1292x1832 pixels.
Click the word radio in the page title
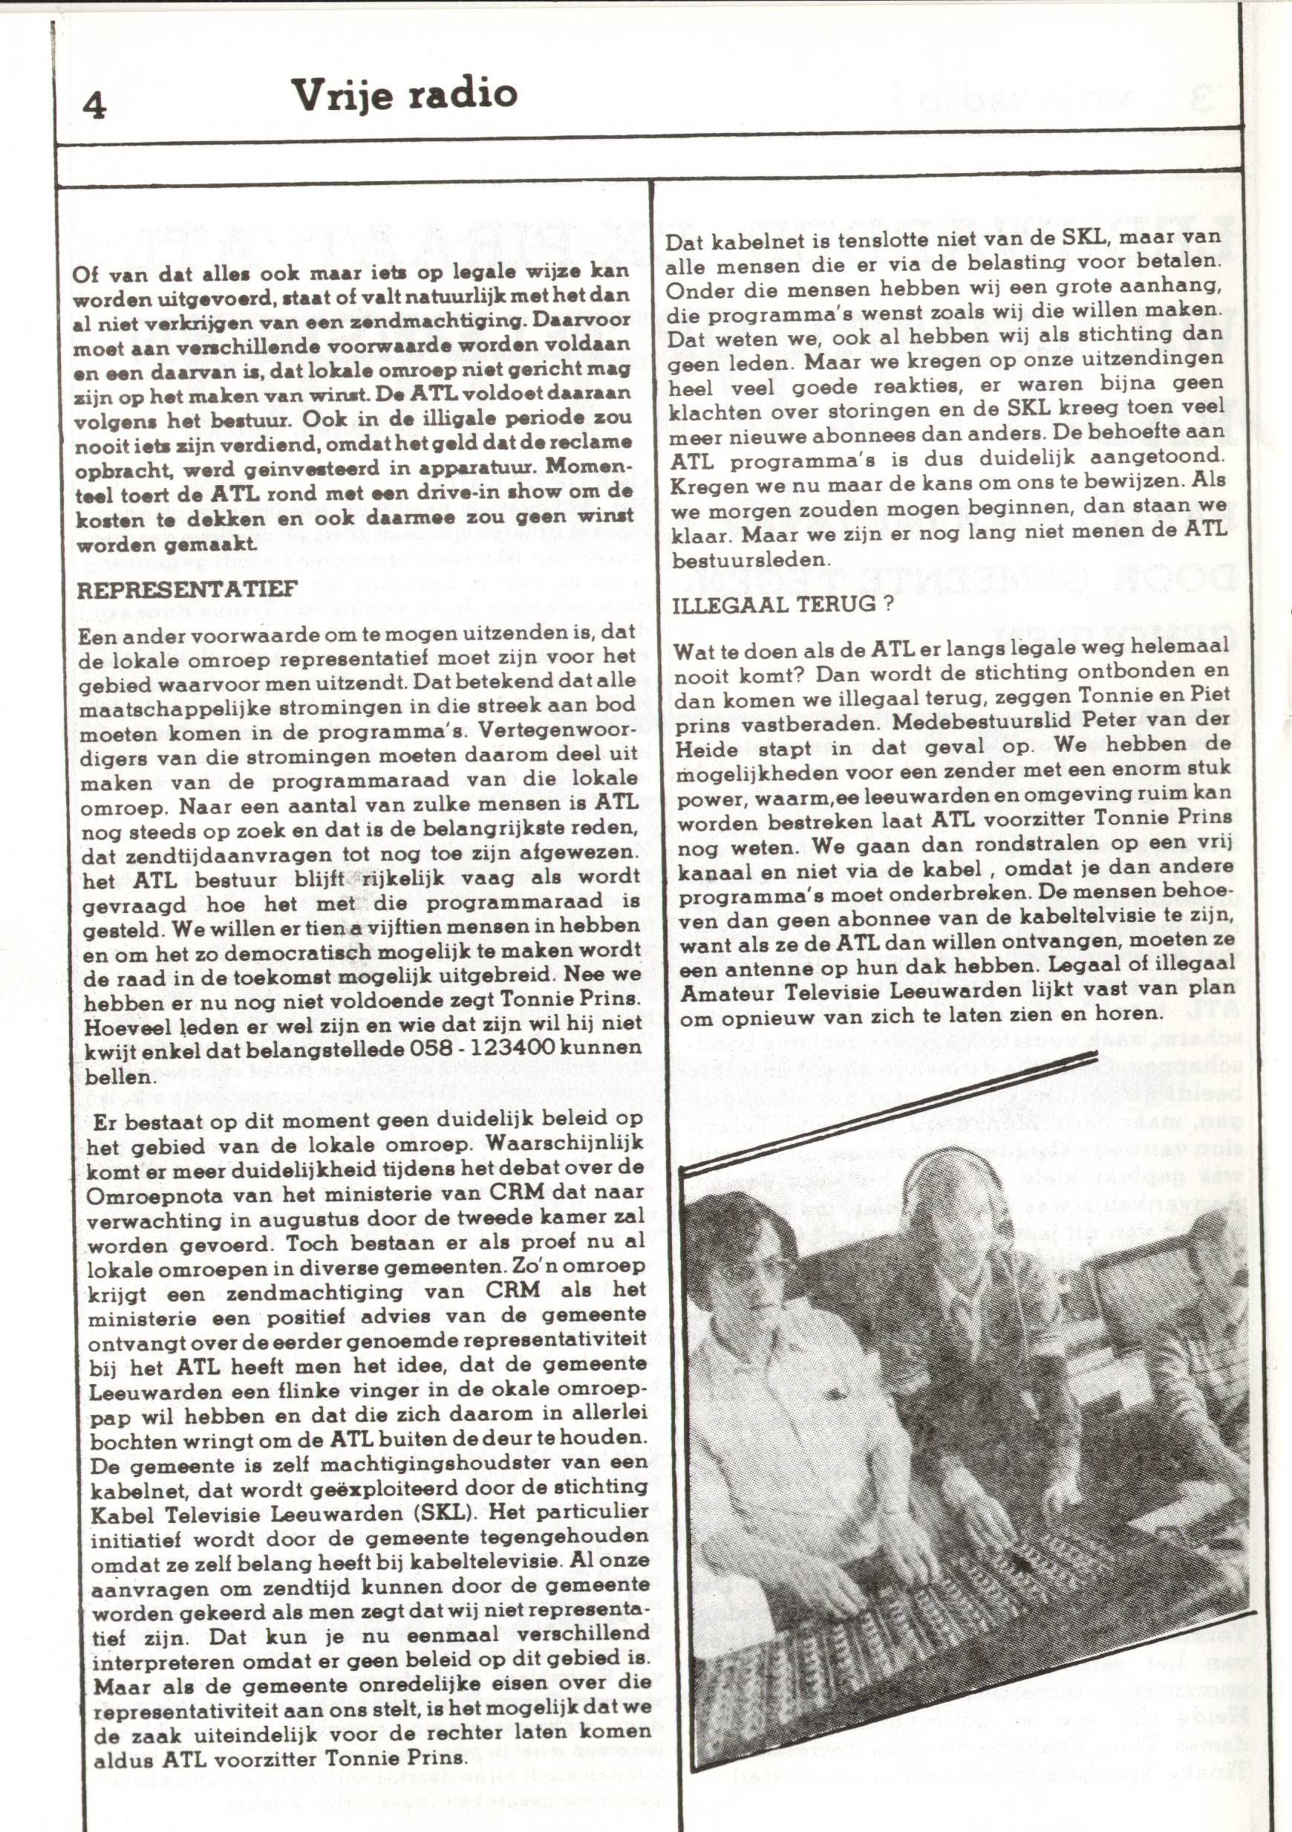pos(463,94)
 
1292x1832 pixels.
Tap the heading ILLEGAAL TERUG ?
pos(782,604)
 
